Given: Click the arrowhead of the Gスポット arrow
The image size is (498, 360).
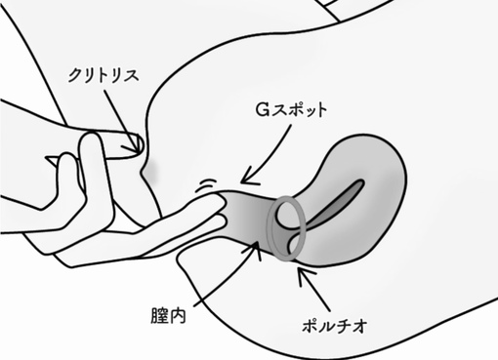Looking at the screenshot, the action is pos(245,178).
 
